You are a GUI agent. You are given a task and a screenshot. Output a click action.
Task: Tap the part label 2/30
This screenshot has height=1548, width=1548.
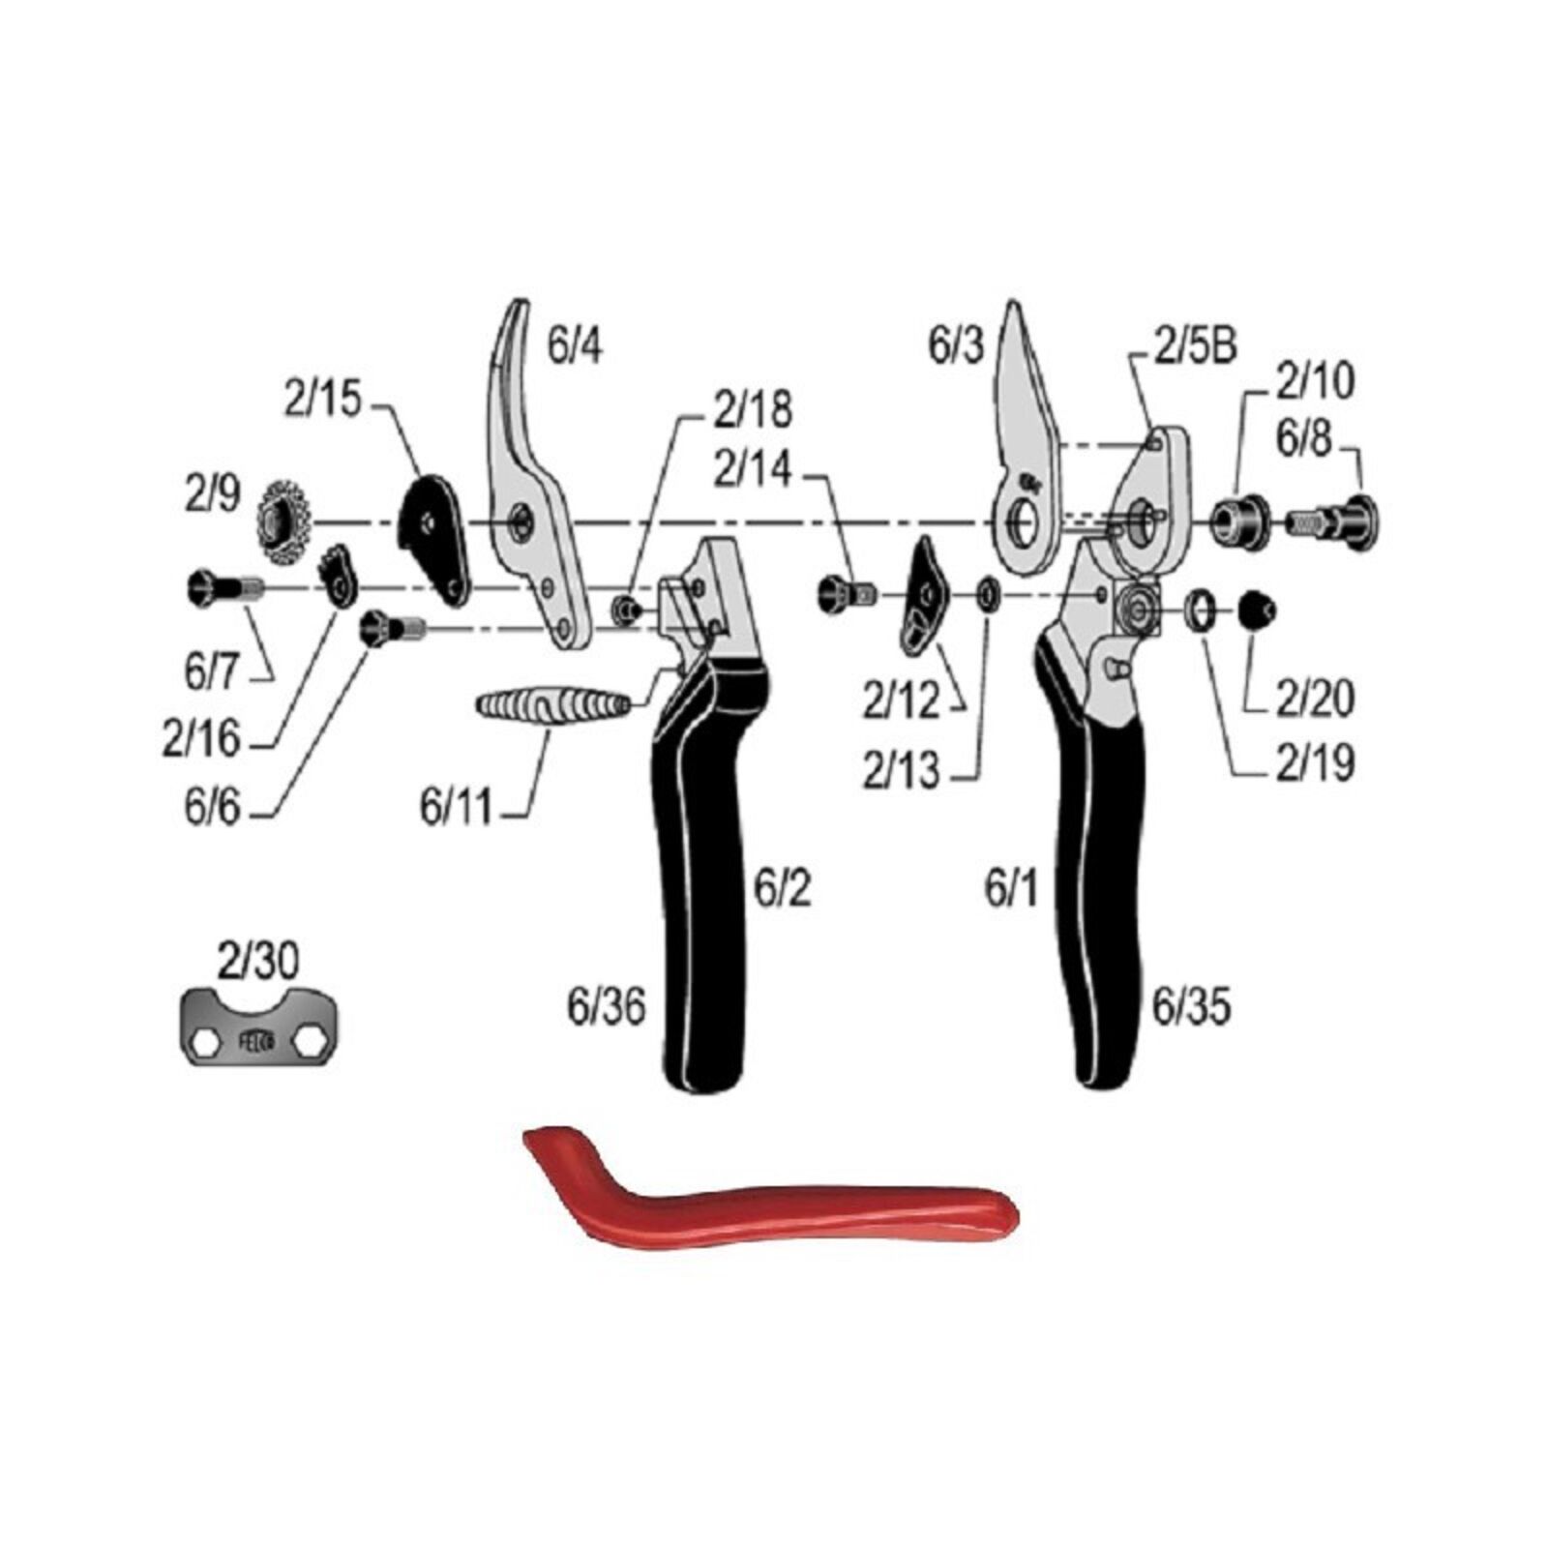pyautogui.click(x=258, y=961)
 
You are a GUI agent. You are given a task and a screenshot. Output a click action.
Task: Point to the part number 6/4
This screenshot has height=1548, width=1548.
pyautogui.click(x=575, y=344)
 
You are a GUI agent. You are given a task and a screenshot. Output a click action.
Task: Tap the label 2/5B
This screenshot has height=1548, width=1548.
pyautogui.click(x=1196, y=345)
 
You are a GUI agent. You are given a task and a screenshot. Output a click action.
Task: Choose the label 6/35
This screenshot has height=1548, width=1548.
pyautogui.click(x=1191, y=1007)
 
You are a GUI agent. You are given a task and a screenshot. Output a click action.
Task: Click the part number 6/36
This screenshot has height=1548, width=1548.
pyautogui.click(x=607, y=1007)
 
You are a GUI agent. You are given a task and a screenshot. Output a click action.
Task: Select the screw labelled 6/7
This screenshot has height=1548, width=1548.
pyautogui.click(x=223, y=587)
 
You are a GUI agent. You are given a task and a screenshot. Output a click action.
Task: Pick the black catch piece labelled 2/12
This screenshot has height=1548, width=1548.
pyautogui.click(x=923, y=595)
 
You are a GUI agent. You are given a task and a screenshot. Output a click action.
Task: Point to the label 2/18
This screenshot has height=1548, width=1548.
pyautogui.click(x=753, y=409)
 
